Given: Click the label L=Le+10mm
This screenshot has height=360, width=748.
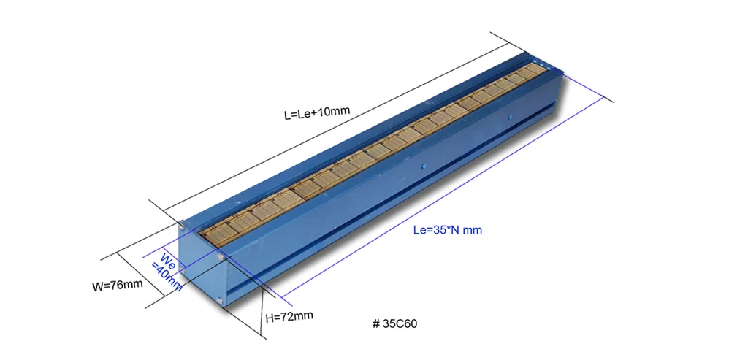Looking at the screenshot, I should click(317, 113).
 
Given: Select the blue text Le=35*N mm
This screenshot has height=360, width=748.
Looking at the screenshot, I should click(447, 230).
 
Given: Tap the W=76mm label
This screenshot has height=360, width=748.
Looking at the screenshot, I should click(117, 285).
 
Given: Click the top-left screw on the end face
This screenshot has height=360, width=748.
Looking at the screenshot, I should click(182, 226).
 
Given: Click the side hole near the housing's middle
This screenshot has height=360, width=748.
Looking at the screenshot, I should click(421, 166).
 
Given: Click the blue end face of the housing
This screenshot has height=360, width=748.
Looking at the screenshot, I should click(201, 263).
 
